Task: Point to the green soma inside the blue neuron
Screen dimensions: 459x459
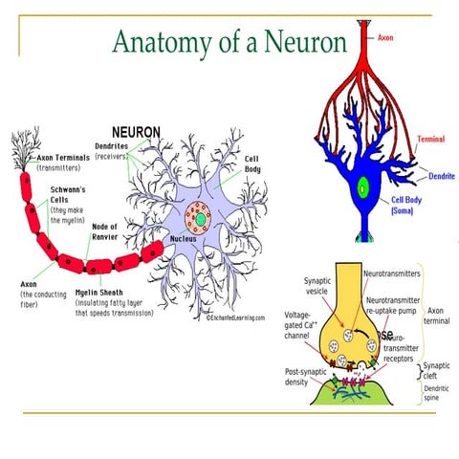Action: coord(362,188)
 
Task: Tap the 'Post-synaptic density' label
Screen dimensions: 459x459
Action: coord(302,378)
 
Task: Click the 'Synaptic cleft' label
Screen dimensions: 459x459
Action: coord(437,370)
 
